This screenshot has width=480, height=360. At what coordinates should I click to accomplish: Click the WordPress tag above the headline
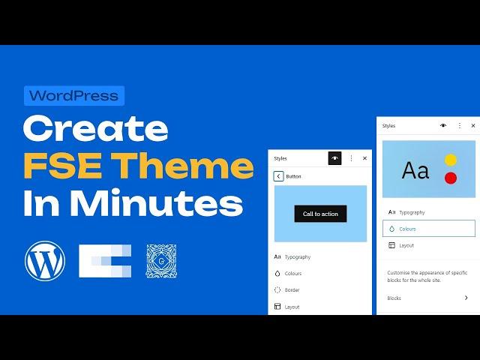point(74,96)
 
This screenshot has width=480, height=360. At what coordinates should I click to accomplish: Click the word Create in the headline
point(95,128)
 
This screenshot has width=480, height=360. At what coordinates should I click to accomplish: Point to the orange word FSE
point(63,166)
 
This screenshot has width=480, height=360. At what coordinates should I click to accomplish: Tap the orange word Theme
point(182,166)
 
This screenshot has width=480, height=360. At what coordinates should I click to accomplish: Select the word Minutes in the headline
point(157,203)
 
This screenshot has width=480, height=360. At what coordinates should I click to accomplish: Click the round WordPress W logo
point(45,261)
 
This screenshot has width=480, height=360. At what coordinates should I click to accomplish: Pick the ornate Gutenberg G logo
point(161,261)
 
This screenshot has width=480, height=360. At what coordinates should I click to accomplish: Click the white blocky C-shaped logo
point(105,261)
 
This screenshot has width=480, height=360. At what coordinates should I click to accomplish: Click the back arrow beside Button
point(278,176)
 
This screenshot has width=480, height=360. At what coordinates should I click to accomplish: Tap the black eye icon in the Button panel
point(334,158)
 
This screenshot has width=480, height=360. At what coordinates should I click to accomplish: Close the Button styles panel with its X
point(364,158)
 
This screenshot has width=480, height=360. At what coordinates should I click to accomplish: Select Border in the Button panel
point(292,290)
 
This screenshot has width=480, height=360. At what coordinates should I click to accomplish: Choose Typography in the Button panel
point(298,256)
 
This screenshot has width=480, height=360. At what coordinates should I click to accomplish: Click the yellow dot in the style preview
point(450,160)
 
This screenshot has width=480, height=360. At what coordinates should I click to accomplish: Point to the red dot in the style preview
point(450,178)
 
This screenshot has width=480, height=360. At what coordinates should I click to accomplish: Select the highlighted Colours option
point(429,228)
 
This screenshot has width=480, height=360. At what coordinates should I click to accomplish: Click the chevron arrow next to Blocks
point(466,298)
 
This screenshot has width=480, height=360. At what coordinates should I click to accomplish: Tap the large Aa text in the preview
point(415,170)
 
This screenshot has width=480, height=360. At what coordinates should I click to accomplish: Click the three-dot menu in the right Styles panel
point(460,125)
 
